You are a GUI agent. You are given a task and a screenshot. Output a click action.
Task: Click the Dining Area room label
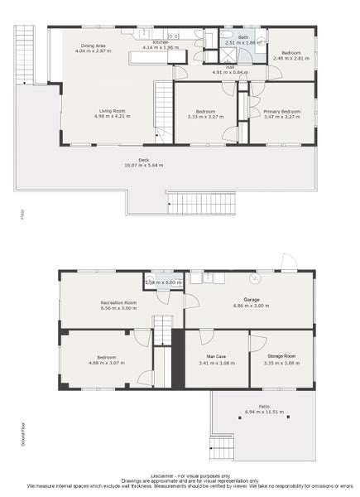92,45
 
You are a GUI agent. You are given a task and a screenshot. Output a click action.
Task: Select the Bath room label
243,37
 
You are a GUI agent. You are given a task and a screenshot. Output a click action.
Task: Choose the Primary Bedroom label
281,111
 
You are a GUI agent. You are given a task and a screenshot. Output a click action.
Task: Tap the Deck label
143,159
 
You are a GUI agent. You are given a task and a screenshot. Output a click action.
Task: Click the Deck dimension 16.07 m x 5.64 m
143,165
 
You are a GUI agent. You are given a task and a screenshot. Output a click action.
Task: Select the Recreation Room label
118,302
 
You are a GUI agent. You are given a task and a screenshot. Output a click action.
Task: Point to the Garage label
252,299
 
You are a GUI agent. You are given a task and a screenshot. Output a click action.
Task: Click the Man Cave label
216,356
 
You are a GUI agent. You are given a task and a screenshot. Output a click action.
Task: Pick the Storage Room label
281,356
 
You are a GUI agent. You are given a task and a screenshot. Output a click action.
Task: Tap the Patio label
263,406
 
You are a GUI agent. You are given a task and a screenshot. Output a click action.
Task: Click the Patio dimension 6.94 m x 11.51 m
263,412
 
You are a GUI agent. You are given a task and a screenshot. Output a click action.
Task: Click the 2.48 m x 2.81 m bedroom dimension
290,59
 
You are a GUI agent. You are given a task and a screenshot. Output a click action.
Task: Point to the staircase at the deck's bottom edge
201,203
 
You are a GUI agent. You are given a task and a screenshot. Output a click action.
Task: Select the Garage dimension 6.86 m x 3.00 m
252,305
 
